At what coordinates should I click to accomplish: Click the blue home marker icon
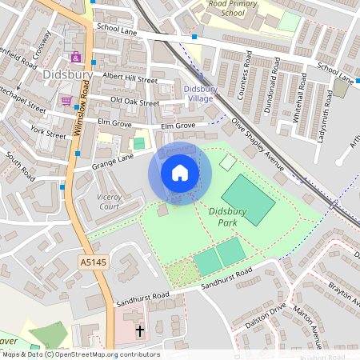point(180,173)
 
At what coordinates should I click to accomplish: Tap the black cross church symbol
point(140,330)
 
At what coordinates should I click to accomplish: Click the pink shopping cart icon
point(66,101)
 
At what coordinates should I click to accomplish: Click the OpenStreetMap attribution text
point(81,354)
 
